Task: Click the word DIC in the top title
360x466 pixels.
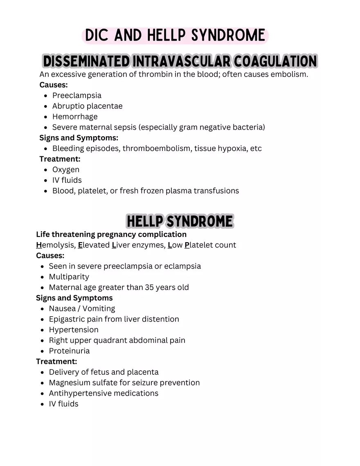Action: click(97, 36)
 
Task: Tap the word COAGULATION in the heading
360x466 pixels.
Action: click(275, 61)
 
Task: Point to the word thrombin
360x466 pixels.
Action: click(157, 74)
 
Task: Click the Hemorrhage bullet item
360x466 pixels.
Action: click(75, 117)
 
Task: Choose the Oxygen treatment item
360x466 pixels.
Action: click(66, 169)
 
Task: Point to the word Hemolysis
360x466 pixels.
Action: click(56, 245)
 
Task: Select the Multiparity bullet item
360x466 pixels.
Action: click(69, 277)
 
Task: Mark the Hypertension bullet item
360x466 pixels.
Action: click(74, 330)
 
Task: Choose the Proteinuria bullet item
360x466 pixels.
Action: click(69, 351)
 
